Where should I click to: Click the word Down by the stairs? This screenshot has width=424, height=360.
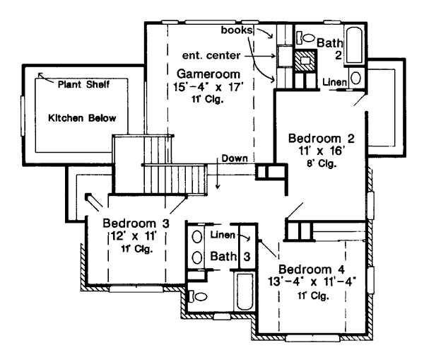tap(233, 158)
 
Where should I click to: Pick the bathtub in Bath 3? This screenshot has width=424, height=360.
tap(245, 302)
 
